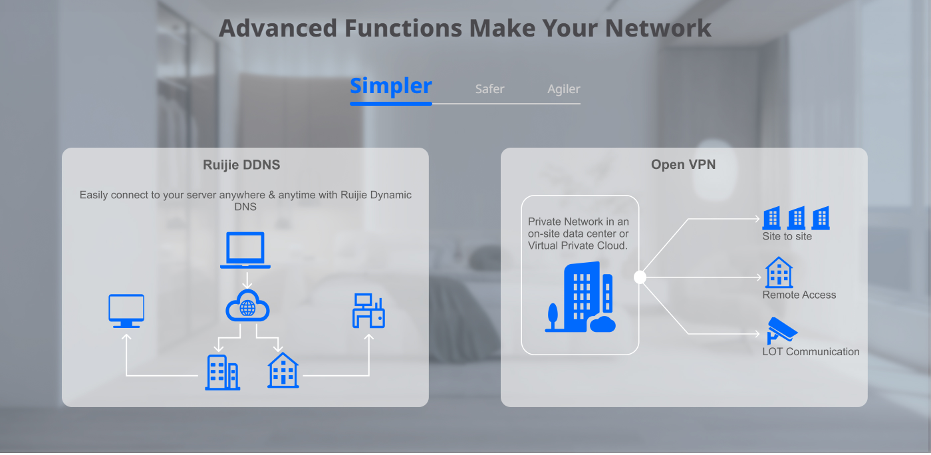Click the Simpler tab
pos(391,86)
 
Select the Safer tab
pos(489,89)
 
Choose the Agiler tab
pos(564,89)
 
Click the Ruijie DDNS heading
pos(241,165)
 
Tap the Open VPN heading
pos(684,165)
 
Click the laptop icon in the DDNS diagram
pos(245,250)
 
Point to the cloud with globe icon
pos(247,306)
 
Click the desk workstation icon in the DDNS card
pos(368,311)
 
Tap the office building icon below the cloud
pos(222,373)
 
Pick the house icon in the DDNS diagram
pos(283,370)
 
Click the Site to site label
pos(787,236)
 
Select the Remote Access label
pos(799,295)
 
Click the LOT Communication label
pos(811,351)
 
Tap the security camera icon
pos(781,330)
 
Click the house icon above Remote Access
pos(779,273)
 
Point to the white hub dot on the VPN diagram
pos(640,277)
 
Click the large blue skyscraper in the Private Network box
pos(581,297)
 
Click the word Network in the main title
pos(658,29)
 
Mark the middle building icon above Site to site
pos(797,218)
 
